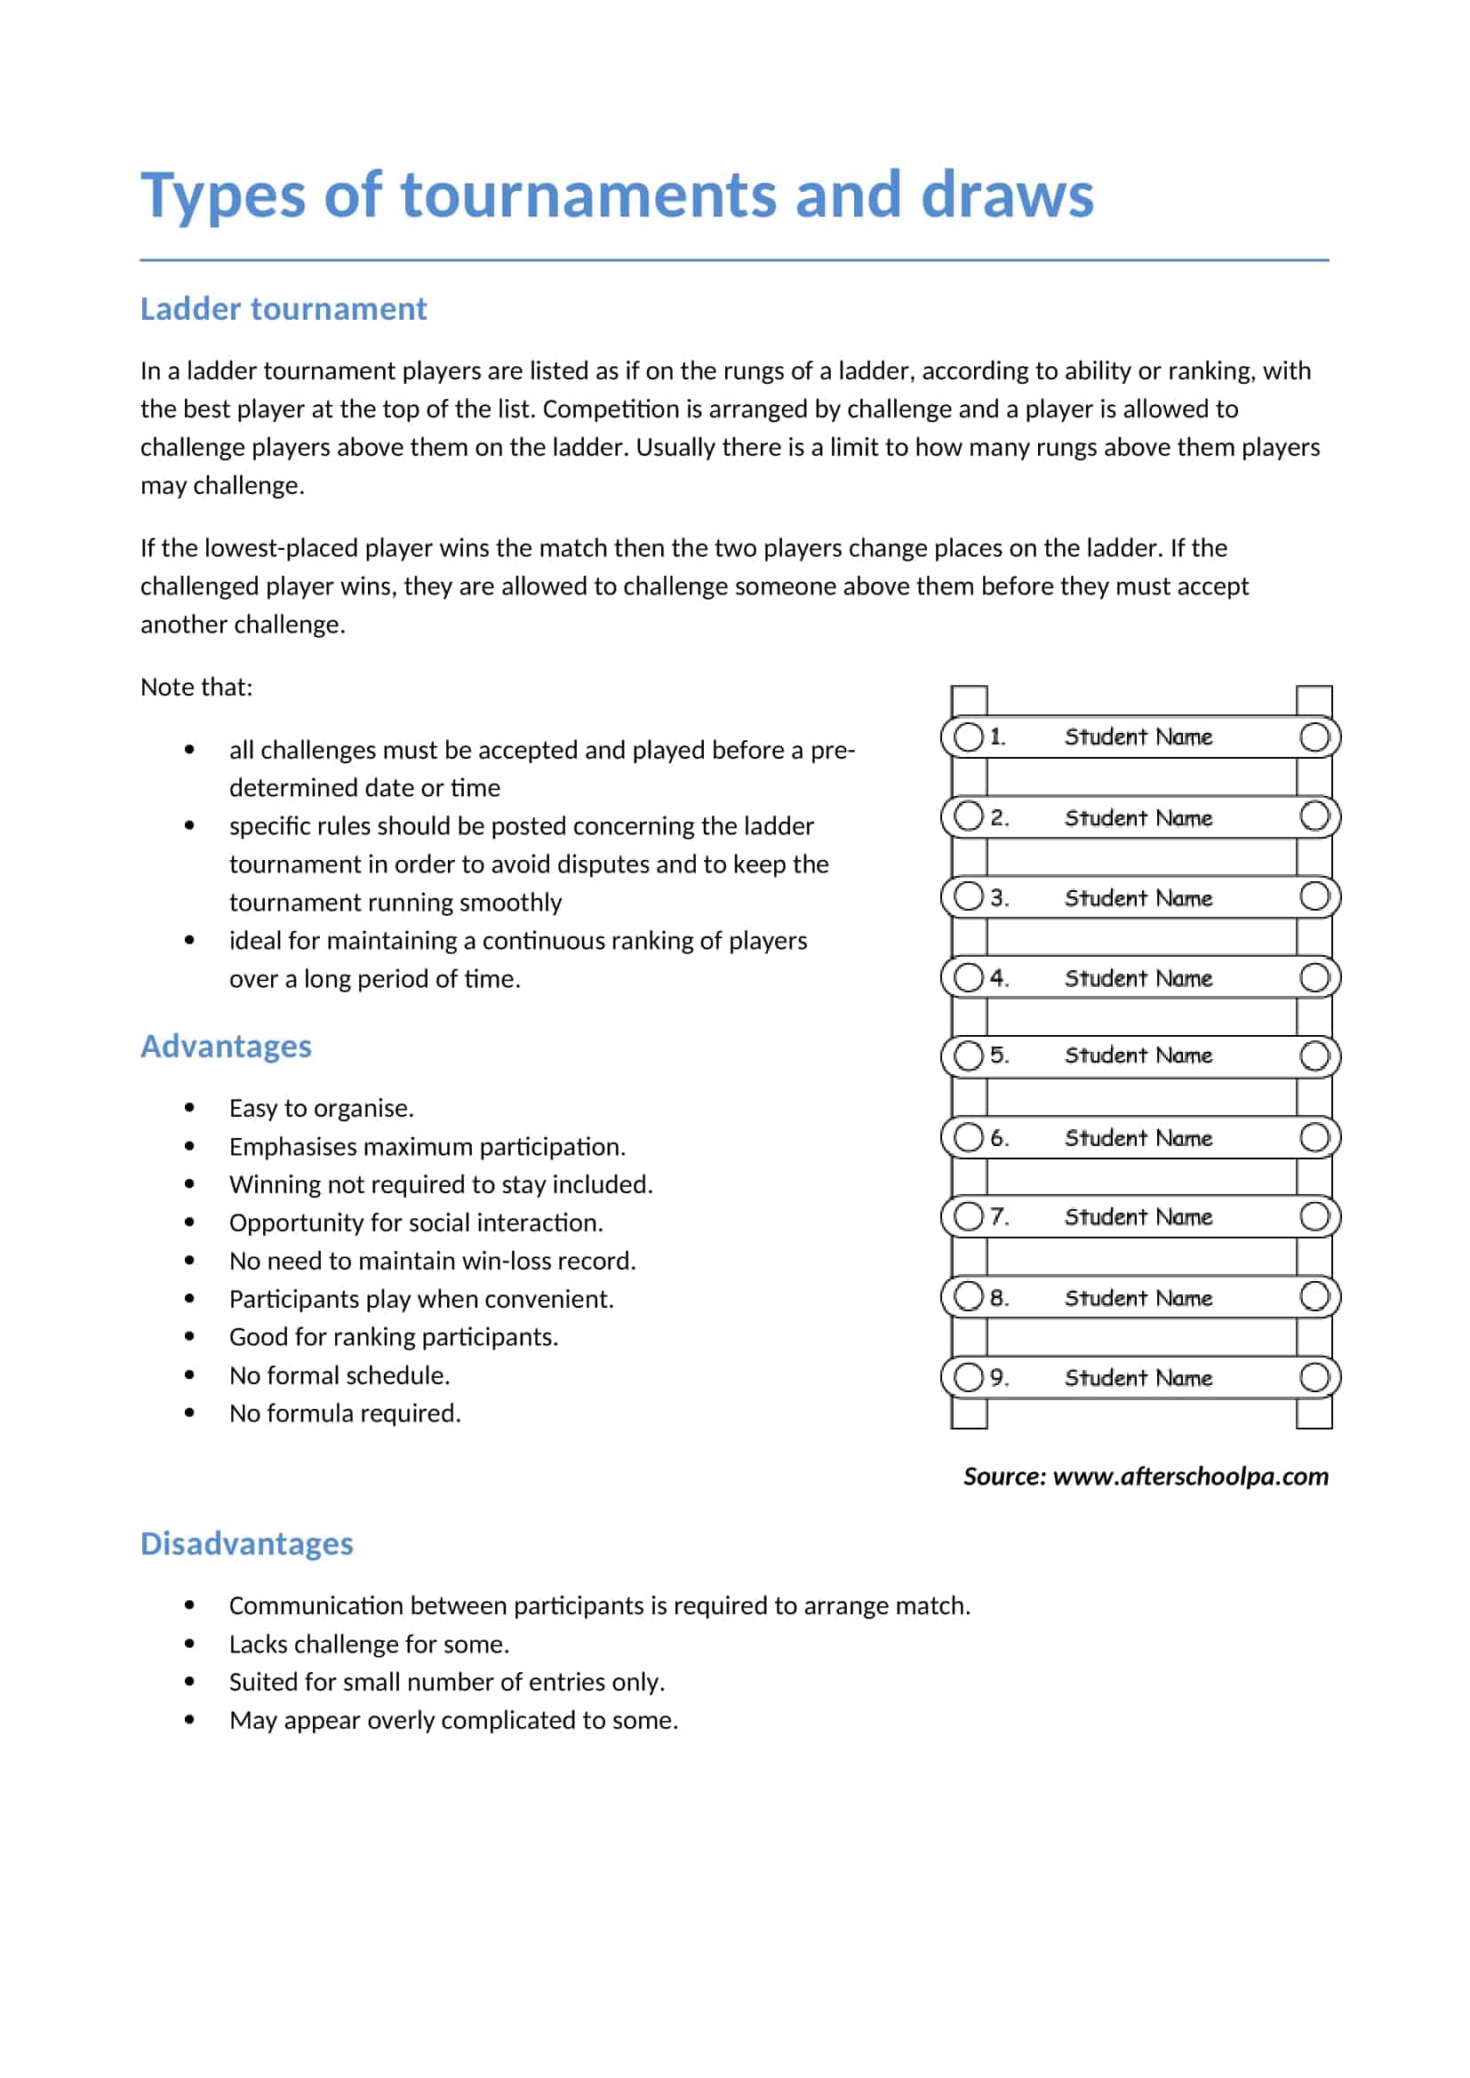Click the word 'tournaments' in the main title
pos(588,195)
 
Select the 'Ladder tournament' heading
pos(284,309)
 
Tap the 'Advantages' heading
pos(226,1047)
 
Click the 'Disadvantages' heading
pos(246,1543)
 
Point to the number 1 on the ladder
pos(996,736)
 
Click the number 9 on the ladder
pos(997,1378)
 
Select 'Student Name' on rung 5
pos(1138,1055)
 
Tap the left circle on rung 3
pos(969,897)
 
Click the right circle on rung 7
pos(1314,1216)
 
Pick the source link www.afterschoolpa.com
pos(1190,1477)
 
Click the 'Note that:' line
pos(196,687)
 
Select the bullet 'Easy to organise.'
pos(322,1108)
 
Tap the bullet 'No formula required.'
pos(345,1413)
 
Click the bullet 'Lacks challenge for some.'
pos(370,1644)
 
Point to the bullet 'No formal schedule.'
pos(340,1374)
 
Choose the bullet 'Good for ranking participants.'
pos(394,1337)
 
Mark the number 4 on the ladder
pos(997,977)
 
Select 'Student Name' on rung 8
pos(1138,1298)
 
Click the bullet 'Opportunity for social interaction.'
pos(415,1222)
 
